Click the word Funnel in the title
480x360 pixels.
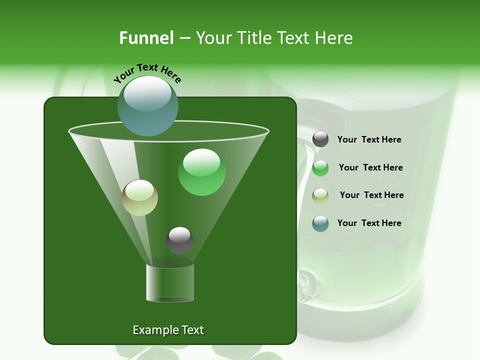(x=146, y=38)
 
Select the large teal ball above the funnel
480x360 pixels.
(x=148, y=106)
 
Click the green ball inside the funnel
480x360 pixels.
(x=202, y=172)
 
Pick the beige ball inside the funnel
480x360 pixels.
(x=140, y=197)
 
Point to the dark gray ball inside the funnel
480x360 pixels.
(x=179, y=240)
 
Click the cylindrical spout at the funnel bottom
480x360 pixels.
(x=170, y=283)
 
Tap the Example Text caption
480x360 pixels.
(x=168, y=330)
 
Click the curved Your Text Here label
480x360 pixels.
(x=147, y=72)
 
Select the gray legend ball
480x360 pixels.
(x=320, y=139)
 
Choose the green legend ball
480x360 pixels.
(x=320, y=168)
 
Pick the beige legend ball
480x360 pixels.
(x=320, y=195)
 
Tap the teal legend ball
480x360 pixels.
(x=320, y=223)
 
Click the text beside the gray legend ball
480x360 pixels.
(x=369, y=139)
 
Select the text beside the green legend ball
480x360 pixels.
(x=370, y=167)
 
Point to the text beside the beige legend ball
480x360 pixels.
(x=371, y=195)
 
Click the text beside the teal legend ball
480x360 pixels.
(x=369, y=223)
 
